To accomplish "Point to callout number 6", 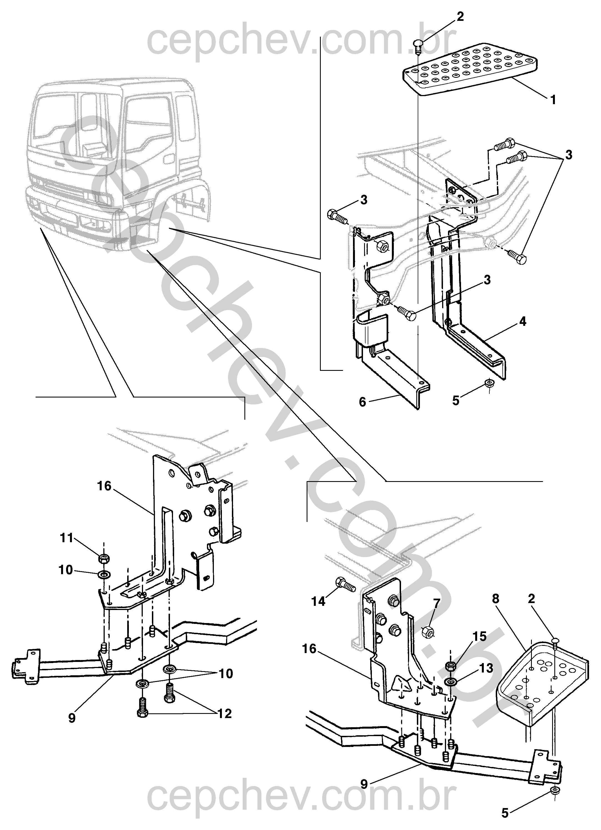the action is tap(362, 402).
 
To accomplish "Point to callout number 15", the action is tap(480, 636).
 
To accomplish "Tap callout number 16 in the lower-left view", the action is tap(104, 486).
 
